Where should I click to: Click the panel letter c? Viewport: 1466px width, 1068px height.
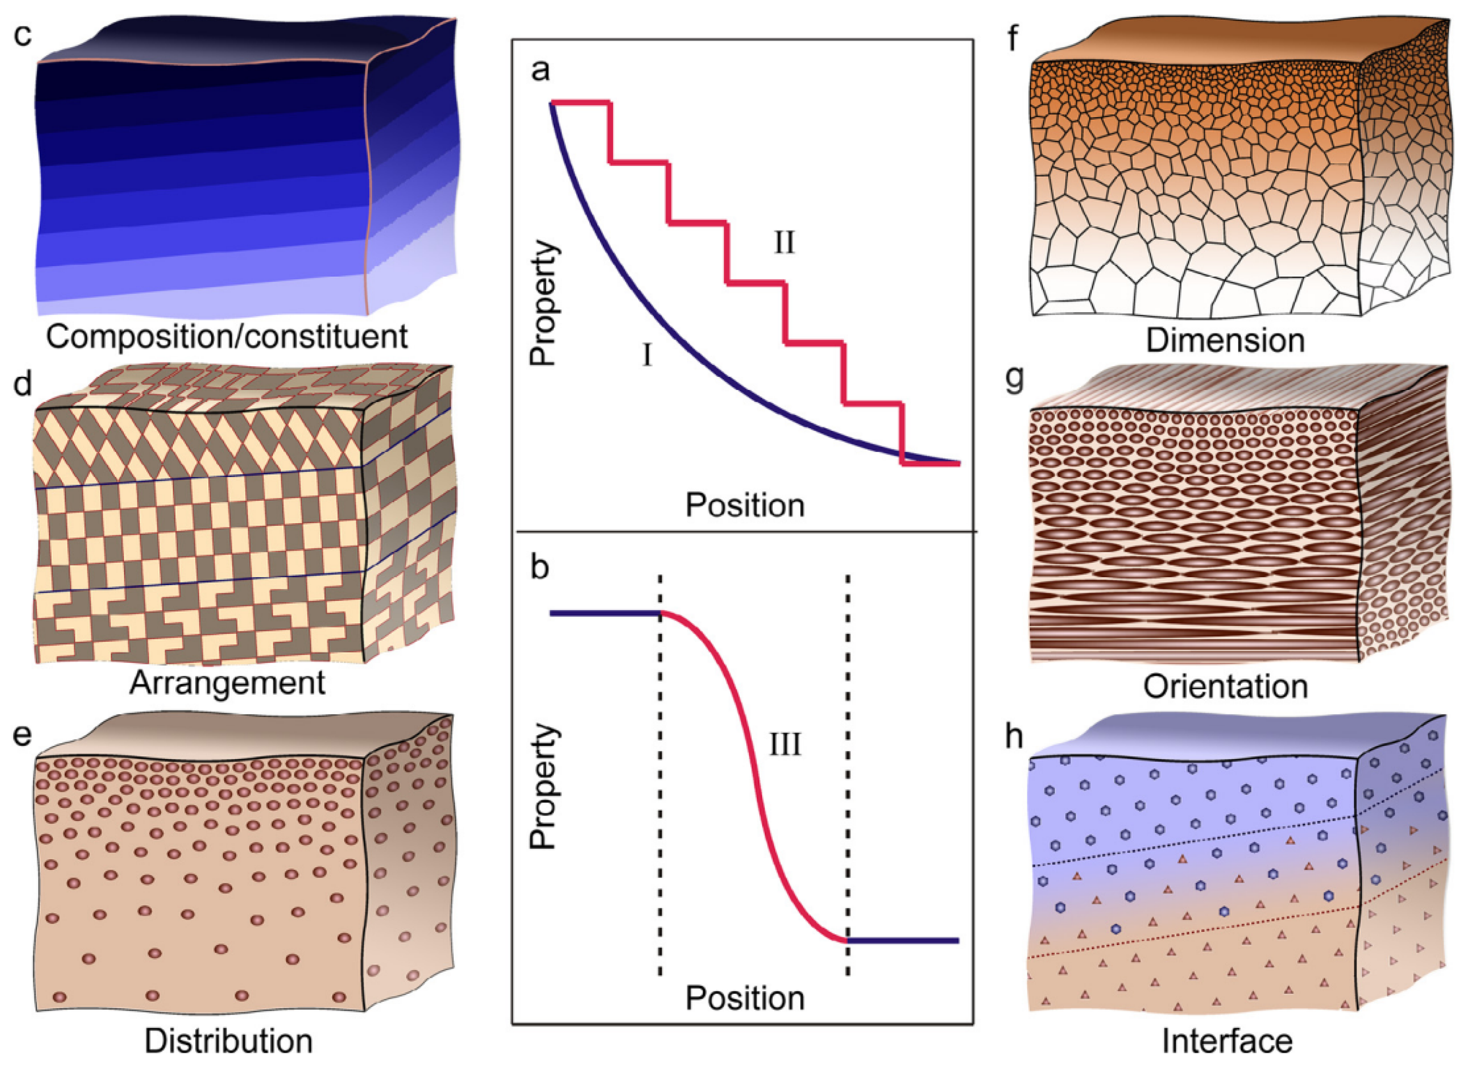23,34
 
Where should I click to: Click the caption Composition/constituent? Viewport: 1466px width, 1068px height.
227,337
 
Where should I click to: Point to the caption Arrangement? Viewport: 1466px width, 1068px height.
227,683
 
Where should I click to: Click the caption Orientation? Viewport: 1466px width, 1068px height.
1225,687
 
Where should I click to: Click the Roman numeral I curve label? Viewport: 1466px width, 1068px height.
647,355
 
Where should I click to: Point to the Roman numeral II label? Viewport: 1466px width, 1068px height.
785,243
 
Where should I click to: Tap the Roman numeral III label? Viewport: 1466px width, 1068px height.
785,745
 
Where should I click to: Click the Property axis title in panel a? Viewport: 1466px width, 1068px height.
543,303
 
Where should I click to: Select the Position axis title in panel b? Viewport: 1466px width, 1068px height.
745,999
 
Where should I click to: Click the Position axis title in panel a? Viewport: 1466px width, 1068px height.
745,505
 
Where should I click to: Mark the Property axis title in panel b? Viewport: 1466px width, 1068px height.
543,787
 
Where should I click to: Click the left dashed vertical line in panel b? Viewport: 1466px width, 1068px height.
660,776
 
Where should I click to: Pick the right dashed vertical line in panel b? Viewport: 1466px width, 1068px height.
848,776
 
